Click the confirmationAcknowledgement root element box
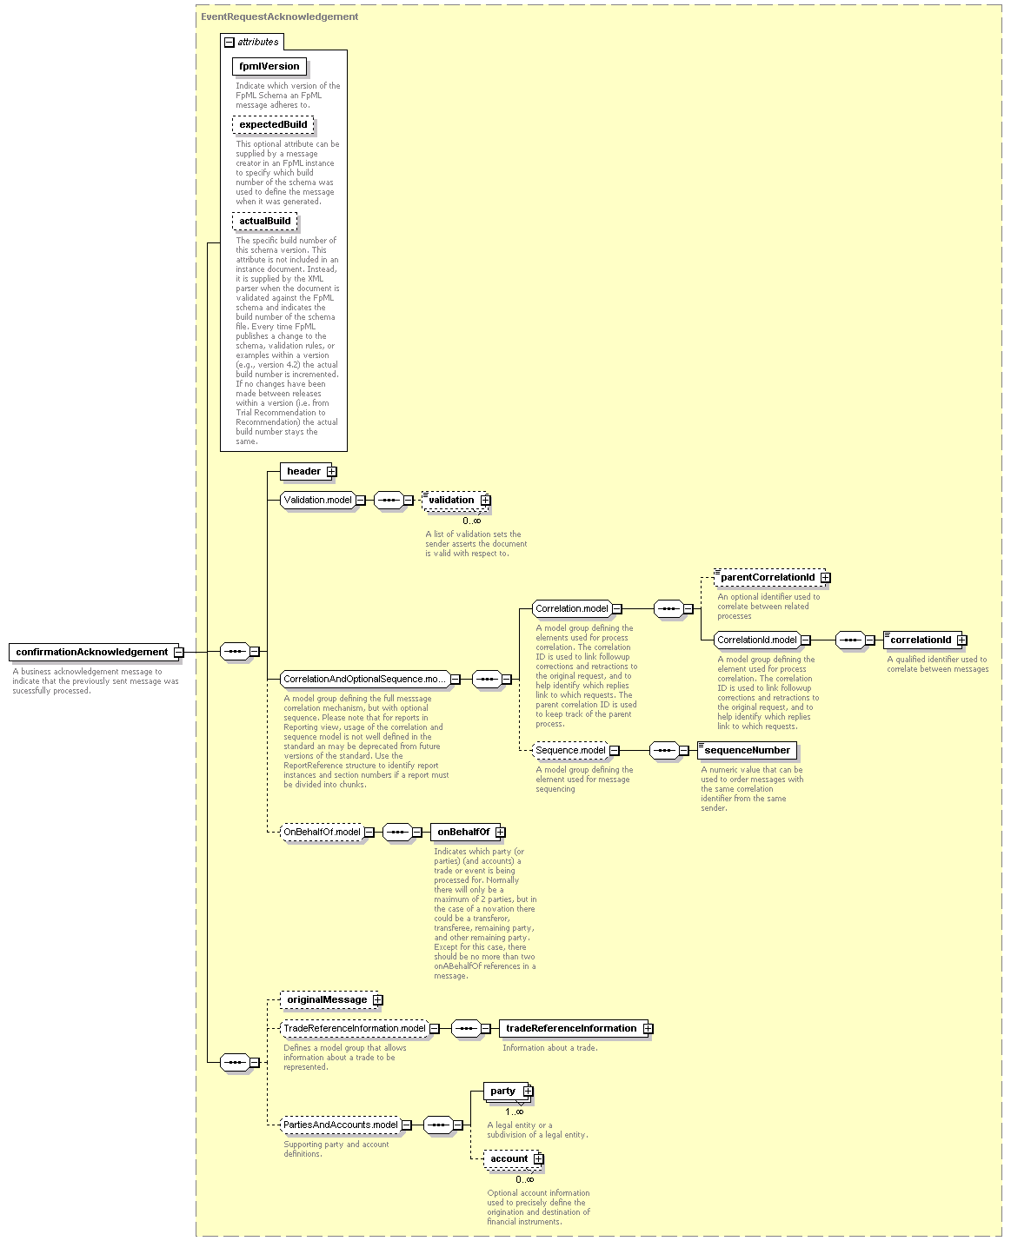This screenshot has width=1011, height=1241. point(94,652)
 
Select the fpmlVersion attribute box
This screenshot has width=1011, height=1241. point(269,66)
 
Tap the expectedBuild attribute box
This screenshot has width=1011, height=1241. point(273,124)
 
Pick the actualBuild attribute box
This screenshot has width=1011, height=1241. point(264,222)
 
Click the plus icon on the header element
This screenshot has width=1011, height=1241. point(331,471)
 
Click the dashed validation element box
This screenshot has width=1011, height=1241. point(456,500)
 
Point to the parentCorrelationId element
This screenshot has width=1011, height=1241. point(769,577)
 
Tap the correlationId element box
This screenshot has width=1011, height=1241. point(923,640)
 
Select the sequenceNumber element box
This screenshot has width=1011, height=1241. point(747,751)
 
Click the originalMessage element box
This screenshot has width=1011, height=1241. point(329,999)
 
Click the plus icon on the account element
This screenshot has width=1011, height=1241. point(538,1158)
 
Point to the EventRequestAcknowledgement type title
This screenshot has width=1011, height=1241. point(280,17)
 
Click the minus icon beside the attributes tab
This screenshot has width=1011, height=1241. point(229,42)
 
